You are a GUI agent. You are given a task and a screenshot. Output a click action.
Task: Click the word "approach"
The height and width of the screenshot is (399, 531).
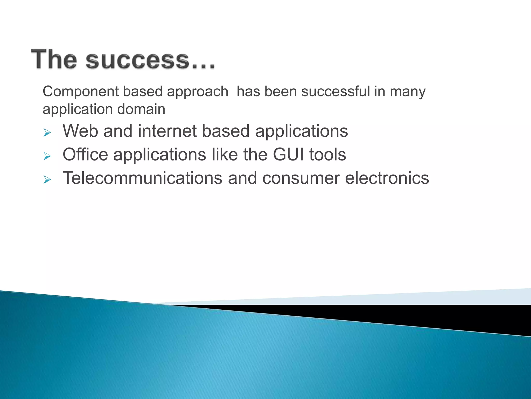click(198, 92)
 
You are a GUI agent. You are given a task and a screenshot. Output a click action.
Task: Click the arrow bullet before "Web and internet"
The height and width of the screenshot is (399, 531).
click(47, 133)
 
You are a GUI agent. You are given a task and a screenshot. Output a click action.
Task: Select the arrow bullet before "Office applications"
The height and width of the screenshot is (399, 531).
click(47, 156)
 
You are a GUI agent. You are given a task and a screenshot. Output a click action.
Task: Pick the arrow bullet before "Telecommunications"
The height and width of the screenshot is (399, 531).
click(47, 179)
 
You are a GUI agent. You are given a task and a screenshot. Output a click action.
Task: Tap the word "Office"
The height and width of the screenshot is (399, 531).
click(85, 154)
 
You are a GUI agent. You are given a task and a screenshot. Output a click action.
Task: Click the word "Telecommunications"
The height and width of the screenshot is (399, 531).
click(142, 178)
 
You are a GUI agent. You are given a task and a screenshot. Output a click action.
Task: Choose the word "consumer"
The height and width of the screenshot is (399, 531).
click(301, 178)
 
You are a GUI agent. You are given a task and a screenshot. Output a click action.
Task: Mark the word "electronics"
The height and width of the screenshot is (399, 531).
click(387, 178)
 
